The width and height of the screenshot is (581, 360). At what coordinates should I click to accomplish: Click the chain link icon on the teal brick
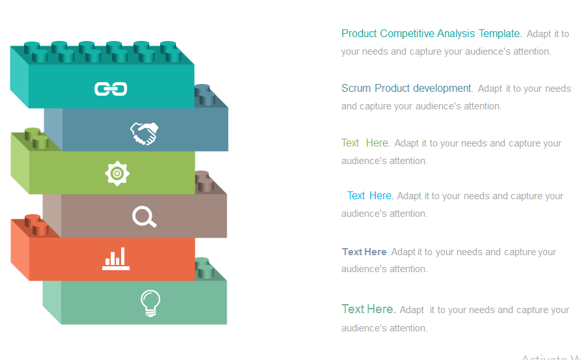[x=111, y=89]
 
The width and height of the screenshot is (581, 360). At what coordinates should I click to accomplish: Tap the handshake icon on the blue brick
[x=145, y=133]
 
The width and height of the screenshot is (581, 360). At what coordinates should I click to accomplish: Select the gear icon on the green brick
[x=117, y=173]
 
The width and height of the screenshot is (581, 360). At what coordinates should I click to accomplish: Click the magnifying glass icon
[x=145, y=217]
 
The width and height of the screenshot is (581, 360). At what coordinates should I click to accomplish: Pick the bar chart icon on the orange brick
[x=116, y=260]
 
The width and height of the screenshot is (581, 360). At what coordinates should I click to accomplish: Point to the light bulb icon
[x=150, y=303]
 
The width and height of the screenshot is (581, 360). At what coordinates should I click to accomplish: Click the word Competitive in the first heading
[x=407, y=33]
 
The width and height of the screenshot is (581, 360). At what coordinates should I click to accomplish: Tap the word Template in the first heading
[x=500, y=33]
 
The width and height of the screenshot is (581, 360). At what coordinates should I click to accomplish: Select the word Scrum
[x=356, y=89]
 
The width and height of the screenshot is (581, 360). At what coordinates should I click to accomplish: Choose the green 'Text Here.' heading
[x=365, y=143]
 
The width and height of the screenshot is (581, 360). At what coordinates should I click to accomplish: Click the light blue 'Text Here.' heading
[x=370, y=196]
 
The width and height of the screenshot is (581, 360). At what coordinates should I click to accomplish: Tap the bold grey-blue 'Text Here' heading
[x=364, y=252]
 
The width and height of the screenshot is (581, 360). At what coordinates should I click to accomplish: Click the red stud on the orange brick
[x=36, y=225]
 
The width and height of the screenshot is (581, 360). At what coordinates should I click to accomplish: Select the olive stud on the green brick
[x=36, y=137]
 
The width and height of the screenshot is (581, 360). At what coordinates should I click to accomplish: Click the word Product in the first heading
[x=359, y=33]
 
